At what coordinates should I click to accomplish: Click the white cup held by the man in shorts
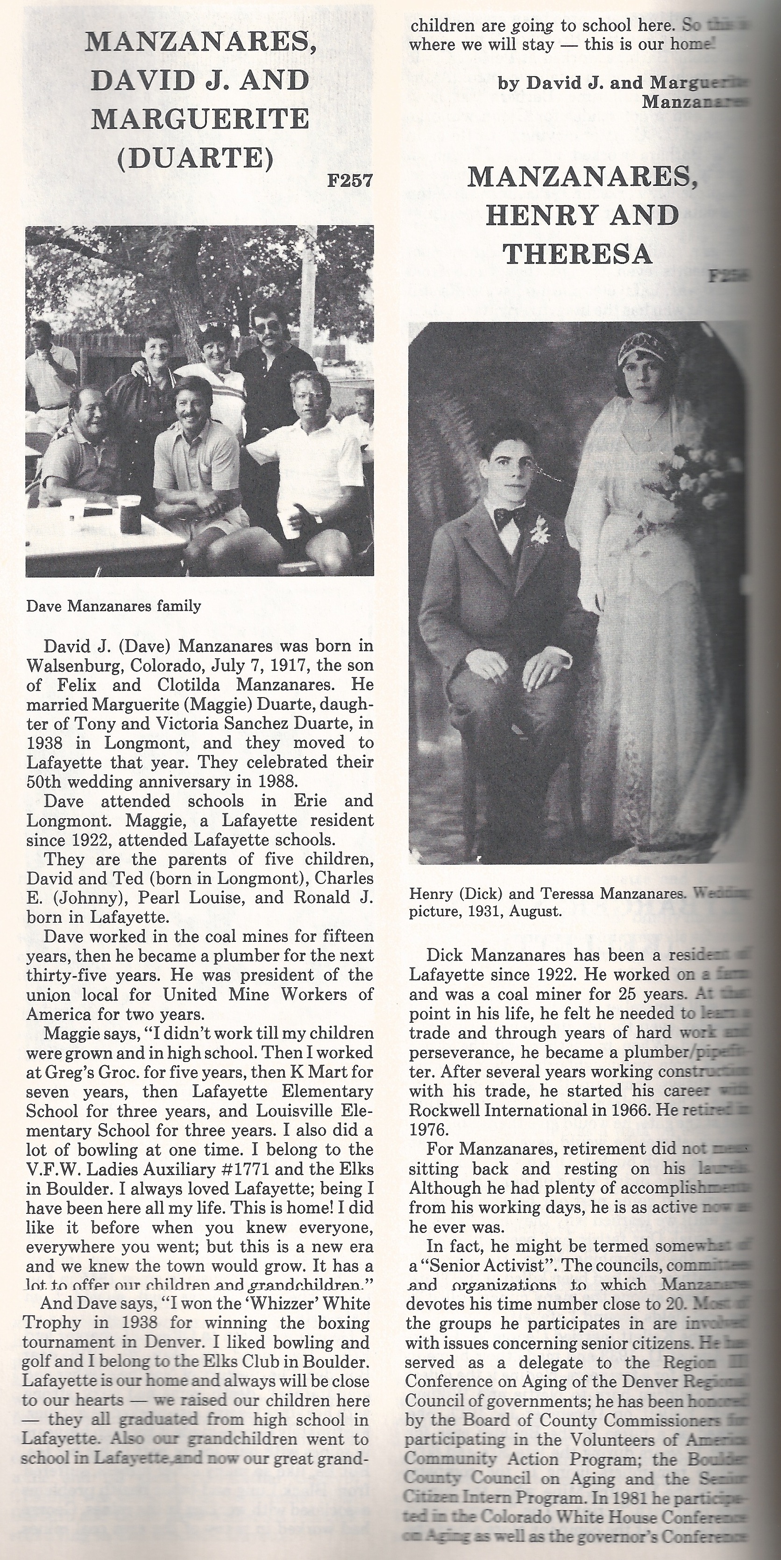291,525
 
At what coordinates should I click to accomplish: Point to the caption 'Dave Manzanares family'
113,605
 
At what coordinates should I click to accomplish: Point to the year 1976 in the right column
427,1129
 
